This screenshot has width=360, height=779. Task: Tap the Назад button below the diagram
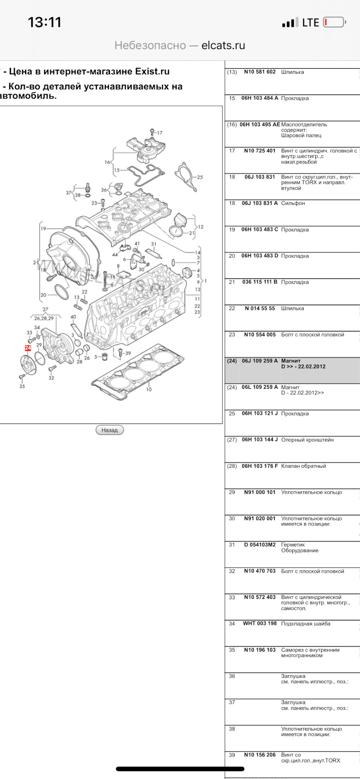point(110,430)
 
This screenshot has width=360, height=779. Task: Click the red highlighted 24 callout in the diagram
point(28,348)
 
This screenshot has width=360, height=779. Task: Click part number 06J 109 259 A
point(260,361)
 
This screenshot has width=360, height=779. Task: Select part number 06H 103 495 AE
point(260,125)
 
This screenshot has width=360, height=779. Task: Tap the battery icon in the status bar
point(334,22)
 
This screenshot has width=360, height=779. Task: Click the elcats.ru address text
point(223,45)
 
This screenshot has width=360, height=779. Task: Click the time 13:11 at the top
point(45,22)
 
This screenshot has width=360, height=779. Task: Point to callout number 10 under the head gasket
point(149,389)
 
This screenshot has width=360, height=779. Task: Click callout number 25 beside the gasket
point(200,177)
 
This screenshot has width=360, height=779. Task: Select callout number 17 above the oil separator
point(160,133)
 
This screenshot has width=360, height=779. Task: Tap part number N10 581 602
point(260,72)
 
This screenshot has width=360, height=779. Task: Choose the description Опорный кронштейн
point(307,440)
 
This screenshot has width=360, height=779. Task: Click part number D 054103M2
point(260,545)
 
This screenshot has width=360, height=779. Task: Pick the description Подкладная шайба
point(306,624)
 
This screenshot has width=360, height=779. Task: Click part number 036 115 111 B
point(260,282)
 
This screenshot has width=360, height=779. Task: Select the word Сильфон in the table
point(293,203)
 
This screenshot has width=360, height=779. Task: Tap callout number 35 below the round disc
point(22,386)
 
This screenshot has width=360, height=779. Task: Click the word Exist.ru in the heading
point(152,71)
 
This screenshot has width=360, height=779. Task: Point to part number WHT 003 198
point(260,624)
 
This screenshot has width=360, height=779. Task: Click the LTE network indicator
point(310,23)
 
